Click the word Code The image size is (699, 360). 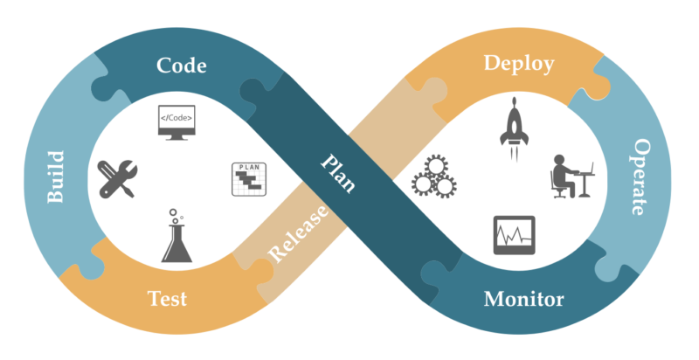pyautogui.click(x=182, y=66)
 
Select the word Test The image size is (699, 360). pyautogui.click(x=167, y=299)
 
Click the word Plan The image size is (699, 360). pyautogui.click(x=338, y=174)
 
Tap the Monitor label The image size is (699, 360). pyautogui.click(x=523, y=300)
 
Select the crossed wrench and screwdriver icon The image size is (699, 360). pyautogui.click(x=116, y=179)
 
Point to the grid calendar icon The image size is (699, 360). pyautogui.click(x=247, y=178)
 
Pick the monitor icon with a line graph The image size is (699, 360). pyautogui.click(x=514, y=235)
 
